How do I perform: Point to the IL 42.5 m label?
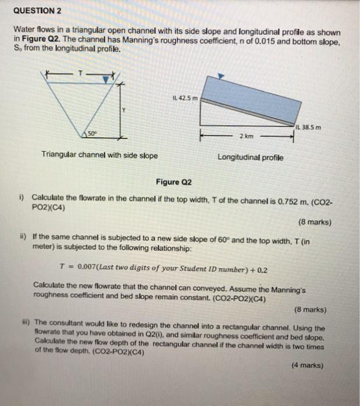click(x=186, y=97)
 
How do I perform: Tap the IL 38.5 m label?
click(x=308, y=127)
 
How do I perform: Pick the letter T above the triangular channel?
click(x=81, y=74)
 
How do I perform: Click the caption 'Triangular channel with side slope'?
click(x=99, y=156)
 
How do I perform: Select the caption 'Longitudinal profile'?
click(x=250, y=157)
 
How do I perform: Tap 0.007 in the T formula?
click(x=84, y=270)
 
